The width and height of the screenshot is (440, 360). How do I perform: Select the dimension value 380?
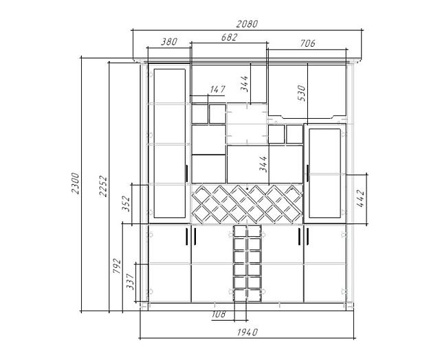[168, 42]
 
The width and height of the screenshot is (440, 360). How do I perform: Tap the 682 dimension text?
[229, 38]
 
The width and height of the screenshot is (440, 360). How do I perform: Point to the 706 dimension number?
[307, 43]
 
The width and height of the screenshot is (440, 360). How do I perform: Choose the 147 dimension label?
[217, 89]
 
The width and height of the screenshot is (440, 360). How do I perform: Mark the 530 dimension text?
[300, 93]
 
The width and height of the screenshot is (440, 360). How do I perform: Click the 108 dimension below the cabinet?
[219, 314]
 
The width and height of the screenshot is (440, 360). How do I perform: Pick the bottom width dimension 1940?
[247, 333]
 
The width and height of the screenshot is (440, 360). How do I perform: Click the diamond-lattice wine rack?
[247, 203]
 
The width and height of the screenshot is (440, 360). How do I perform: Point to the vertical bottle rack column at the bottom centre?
[247, 265]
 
